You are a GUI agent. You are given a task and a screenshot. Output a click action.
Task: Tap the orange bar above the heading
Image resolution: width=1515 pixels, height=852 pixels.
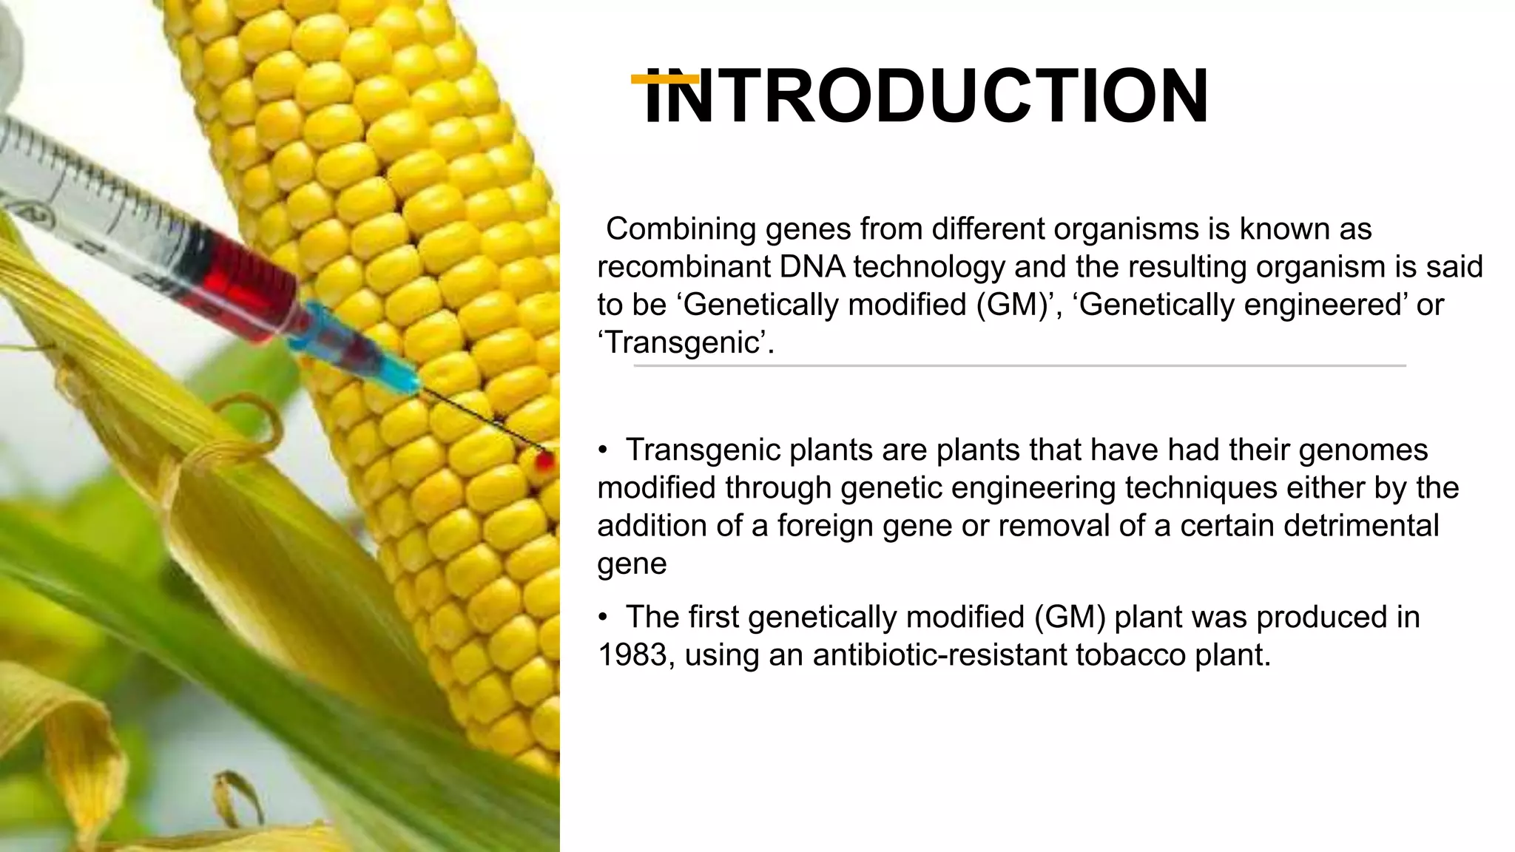pyautogui.click(x=664, y=78)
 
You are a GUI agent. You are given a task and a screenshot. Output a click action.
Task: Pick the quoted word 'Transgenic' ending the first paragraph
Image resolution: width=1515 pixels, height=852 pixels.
pyautogui.click(x=685, y=342)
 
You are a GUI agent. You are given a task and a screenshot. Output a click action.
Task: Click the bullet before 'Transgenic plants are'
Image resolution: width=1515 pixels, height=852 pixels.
pyautogui.click(x=603, y=450)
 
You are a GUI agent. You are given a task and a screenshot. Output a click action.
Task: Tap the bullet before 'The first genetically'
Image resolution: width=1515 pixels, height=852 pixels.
pyautogui.click(x=603, y=618)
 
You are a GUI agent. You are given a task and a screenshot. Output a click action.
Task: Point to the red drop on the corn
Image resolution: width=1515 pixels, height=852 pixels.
pyautogui.click(x=545, y=461)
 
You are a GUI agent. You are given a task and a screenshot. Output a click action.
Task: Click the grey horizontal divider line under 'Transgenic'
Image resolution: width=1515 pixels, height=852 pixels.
pyautogui.click(x=1019, y=365)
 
